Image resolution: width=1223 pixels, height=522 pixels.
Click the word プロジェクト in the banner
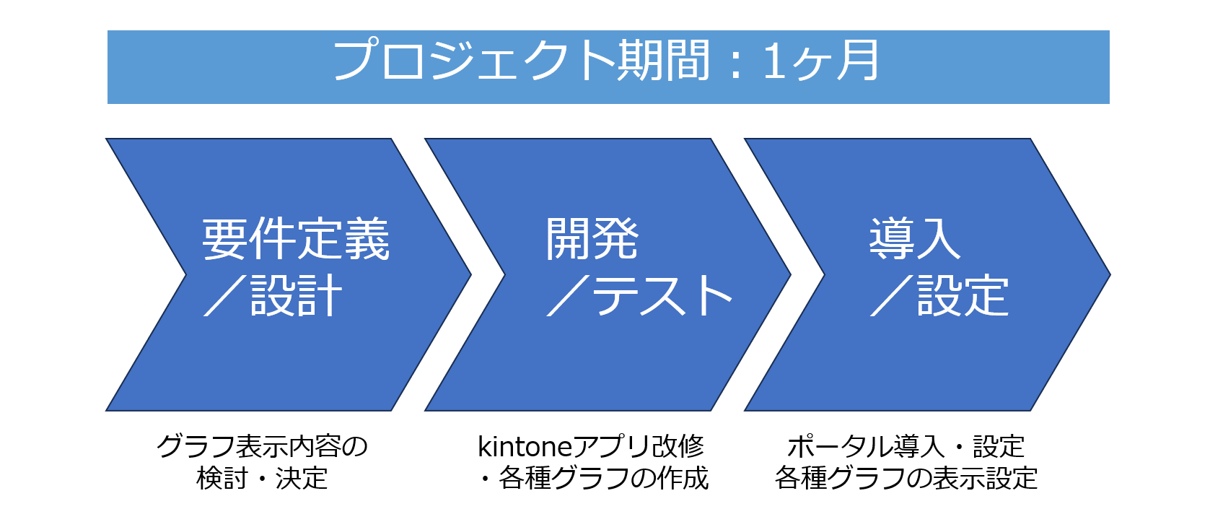pyautogui.click(x=474, y=60)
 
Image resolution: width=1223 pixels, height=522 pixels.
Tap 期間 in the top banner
pyautogui.click(x=663, y=60)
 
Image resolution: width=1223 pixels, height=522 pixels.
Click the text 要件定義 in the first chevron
pyautogui.click(x=295, y=239)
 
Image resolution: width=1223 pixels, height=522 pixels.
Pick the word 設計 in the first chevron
pyautogui.click(x=296, y=296)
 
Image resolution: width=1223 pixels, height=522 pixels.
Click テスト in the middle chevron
pyautogui.click(x=662, y=296)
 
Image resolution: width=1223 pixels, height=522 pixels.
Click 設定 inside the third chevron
pyautogui.click(x=962, y=296)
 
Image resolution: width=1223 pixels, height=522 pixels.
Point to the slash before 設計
pyautogui.click(x=227, y=296)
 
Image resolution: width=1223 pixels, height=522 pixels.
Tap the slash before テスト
pyautogui.click(x=569, y=296)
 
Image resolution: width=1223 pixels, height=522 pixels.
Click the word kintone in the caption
pyautogui.click(x=524, y=447)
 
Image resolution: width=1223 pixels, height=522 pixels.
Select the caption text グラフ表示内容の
pyautogui.click(x=262, y=447)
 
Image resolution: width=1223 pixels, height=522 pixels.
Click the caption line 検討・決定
pyautogui.click(x=262, y=478)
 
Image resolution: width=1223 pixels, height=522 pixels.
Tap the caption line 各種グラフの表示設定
pyautogui.click(x=906, y=478)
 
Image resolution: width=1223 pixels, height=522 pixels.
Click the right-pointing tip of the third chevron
pyautogui.click(x=1110, y=274)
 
